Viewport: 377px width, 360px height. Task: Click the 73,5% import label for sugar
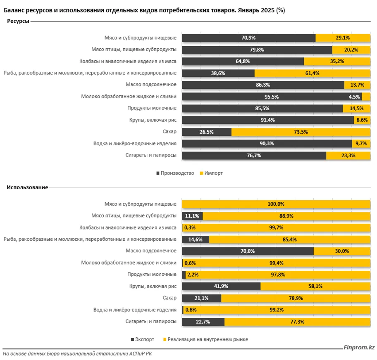(x=301, y=132)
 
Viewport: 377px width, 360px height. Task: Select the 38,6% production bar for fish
(x=218, y=73)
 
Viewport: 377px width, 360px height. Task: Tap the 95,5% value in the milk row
(x=272, y=97)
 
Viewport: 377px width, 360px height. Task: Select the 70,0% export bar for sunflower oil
(x=248, y=251)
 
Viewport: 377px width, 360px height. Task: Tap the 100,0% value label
(x=276, y=204)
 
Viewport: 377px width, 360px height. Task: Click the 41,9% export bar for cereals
(x=221, y=286)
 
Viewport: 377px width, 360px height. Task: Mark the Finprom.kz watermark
(x=359, y=347)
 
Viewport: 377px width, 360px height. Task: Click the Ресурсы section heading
(x=18, y=21)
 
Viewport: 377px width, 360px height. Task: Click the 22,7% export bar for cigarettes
(x=203, y=322)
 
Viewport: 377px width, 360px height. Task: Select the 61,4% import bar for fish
(x=313, y=73)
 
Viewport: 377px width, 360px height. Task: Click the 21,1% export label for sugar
(x=201, y=298)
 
